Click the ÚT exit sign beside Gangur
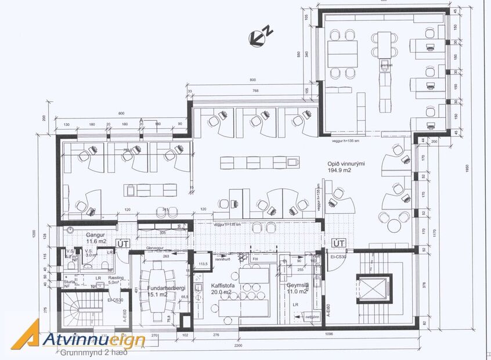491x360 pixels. click(x=122, y=243)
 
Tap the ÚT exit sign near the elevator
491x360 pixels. click(x=338, y=243)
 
